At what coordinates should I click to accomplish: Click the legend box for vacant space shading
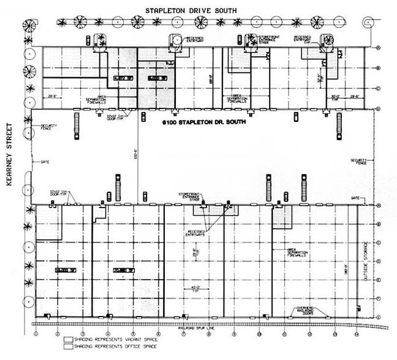click(x=68, y=338)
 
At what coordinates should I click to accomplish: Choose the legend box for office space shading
click(x=68, y=346)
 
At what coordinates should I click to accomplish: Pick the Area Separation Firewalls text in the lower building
click(x=297, y=251)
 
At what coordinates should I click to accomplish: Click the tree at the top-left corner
click(x=28, y=26)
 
